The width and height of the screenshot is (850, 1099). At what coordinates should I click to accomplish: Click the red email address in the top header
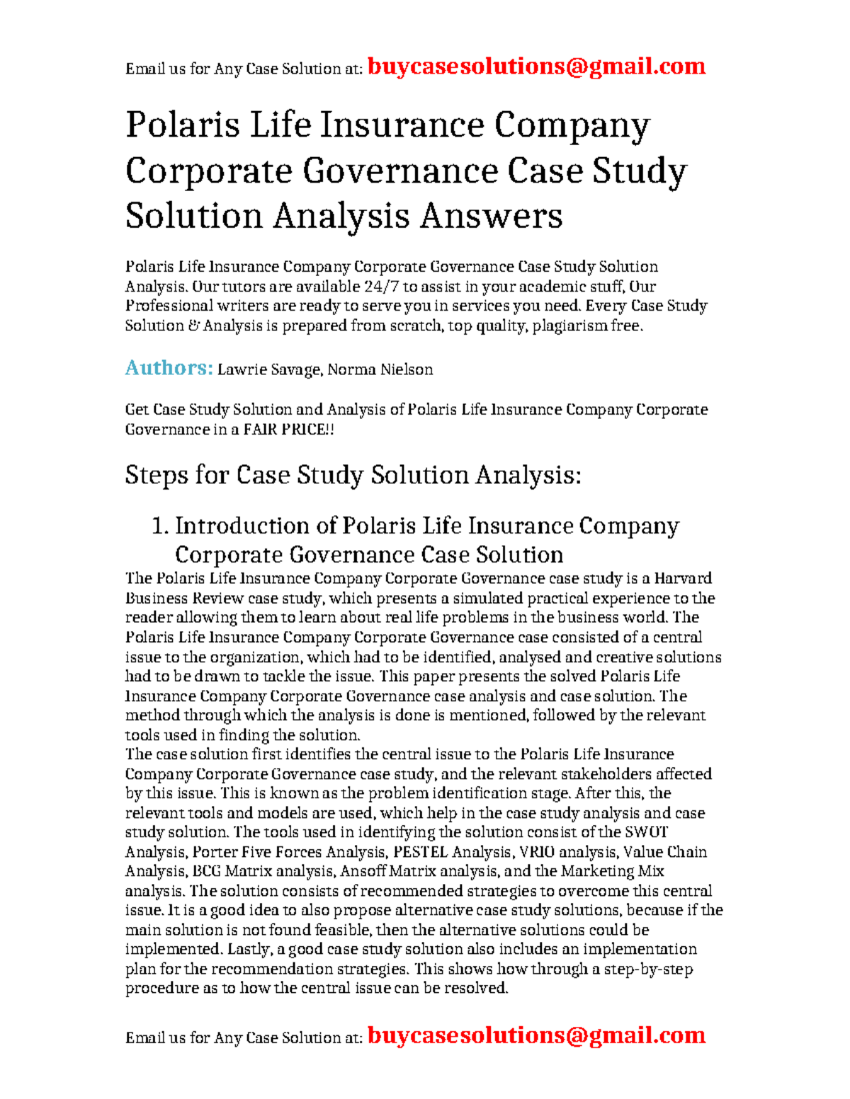(x=536, y=67)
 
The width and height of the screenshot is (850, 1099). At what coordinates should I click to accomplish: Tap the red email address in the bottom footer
(x=536, y=1035)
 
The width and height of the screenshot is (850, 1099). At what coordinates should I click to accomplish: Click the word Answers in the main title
(x=491, y=216)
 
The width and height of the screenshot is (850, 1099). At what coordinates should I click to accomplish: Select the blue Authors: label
(x=169, y=368)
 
